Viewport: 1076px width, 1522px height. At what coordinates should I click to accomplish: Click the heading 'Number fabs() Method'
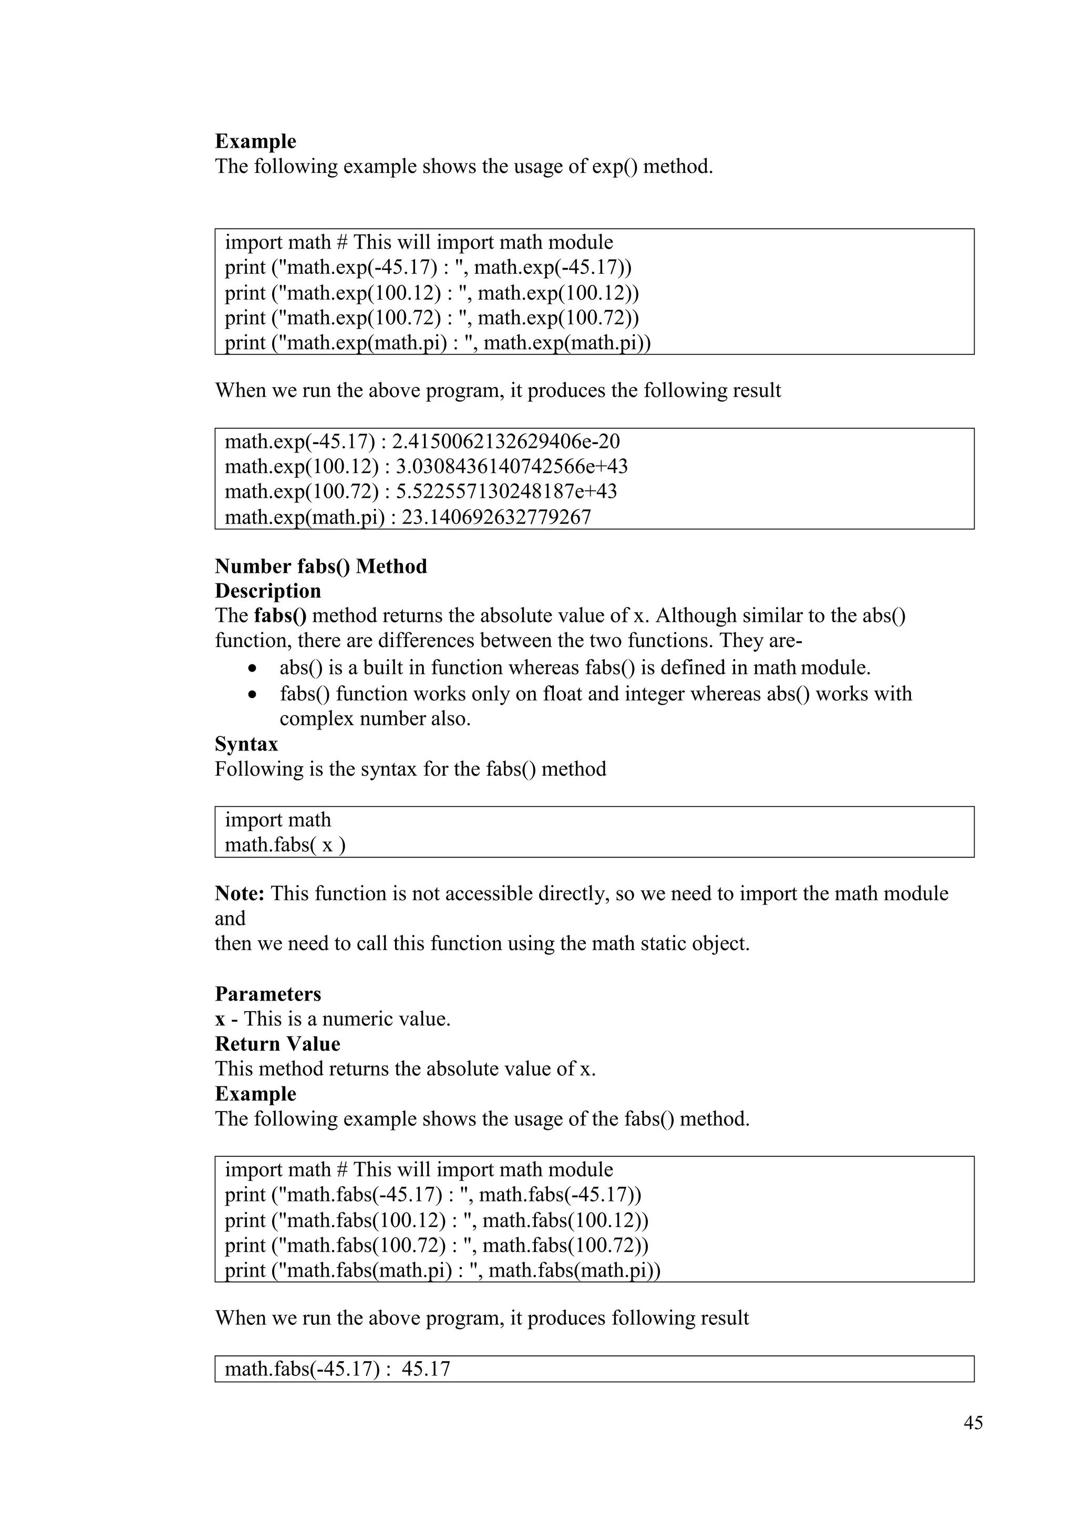point(320,566)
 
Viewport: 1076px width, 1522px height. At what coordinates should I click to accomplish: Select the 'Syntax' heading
point(246,744)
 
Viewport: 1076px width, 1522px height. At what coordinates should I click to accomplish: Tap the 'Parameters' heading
point(267,994)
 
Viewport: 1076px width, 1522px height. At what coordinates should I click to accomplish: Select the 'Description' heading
point(267,591)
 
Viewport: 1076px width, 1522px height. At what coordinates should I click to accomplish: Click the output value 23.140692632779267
point(496,517)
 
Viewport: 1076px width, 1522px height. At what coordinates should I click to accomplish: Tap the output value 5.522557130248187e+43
point(506,492)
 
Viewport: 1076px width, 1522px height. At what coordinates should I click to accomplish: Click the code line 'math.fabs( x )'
point(285,845)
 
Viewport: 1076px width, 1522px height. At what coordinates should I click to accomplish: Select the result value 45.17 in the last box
point(426,1369)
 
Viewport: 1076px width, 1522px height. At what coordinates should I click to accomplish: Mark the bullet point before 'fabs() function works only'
point(251,695)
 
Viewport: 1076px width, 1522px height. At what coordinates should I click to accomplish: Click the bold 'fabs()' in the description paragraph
point(280,616)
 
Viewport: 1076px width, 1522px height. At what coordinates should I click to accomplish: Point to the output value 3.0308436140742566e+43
point(512,467)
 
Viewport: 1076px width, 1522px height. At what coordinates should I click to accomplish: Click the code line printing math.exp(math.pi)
point(437,343)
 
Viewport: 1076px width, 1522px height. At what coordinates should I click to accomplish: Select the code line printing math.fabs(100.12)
point(436,1221)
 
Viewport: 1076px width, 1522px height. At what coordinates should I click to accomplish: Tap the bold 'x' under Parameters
point(220,1020)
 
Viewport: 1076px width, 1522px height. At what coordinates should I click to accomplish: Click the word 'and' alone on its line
point(230,919)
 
